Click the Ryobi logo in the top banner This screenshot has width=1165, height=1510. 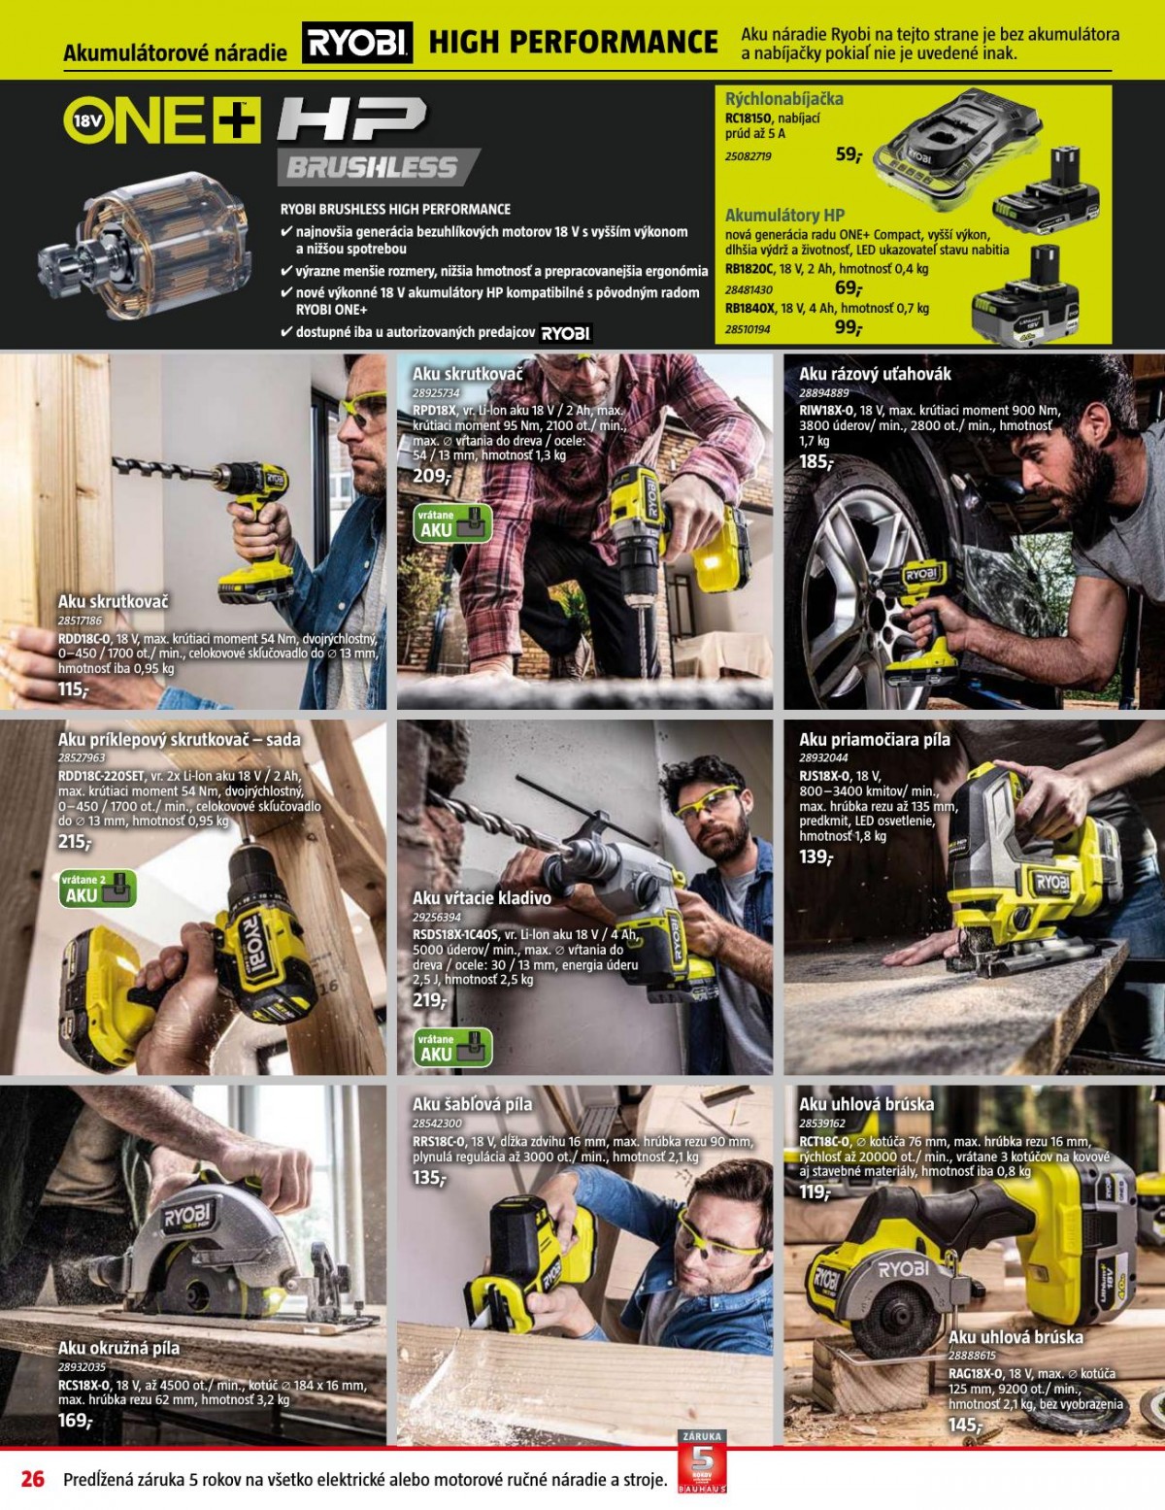(x=357, y=43)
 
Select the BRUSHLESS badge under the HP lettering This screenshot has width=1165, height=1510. (x=377, y=167)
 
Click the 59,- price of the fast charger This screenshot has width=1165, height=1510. (x=849, y=154)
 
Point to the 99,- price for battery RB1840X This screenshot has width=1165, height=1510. (x=849, y=327)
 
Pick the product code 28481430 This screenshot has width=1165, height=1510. (x=749, y=289)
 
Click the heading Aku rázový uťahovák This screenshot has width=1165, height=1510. (x=875, y=374)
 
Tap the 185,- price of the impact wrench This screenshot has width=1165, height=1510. (x=816, y=461)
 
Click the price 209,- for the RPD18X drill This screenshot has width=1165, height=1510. (x=432, y=476)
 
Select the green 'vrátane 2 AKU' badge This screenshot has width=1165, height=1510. (x=98, y=889)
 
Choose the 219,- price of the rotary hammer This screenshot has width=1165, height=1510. (x=429, y=1000)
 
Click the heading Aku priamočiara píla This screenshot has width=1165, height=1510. (x=874, y=739)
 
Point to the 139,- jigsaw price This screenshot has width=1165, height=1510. (x=815, y=856)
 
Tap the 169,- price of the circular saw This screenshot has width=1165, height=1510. (x=75, y=1420)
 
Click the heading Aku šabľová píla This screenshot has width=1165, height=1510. (x=473, y=1104)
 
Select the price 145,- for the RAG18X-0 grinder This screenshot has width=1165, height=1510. (x=966, y=1426)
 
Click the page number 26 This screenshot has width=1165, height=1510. (x=33, y=1478)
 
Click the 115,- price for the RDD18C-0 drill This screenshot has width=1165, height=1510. (x=74, y=689)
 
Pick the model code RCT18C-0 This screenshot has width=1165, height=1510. (x=824, y=1142)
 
